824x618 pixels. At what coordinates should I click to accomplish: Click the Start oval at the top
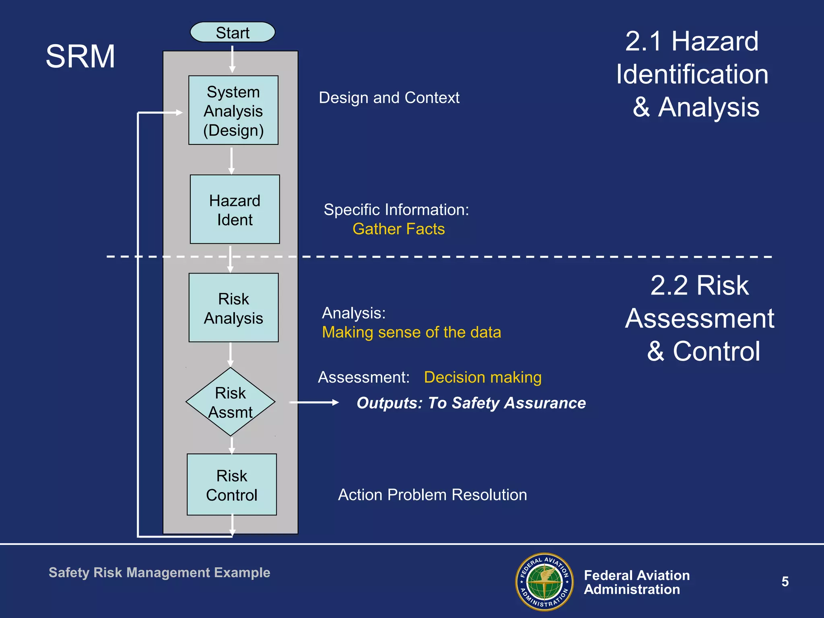pyautogui.click(x=233, y=32)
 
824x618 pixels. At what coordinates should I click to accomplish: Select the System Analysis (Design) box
pyautogui.click(x=233, y=110)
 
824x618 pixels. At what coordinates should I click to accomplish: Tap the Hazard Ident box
pyautogui.click(x=235, y=209)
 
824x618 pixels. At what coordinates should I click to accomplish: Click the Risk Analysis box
pyautogui.click(x=233, y=308)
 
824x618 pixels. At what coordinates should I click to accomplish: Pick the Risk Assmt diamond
pyautogui.click(x=230, y=402)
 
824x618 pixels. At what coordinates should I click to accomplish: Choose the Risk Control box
pyautogui.click(x=232, y=485)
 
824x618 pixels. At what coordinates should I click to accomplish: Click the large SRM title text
pyautogui.click(x=80, y=56)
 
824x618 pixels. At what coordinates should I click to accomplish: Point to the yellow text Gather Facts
pyautogui.click(x=398, y=229)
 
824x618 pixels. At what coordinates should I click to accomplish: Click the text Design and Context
pyautogui.click(x=389, y=98)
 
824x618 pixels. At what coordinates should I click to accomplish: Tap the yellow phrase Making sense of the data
pyautogui.click(x=411, y=332)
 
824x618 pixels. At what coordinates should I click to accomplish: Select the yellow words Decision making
pyautogui.click(x=482, y=377)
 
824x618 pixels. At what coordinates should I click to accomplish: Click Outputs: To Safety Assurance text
pyautogui.click(x=471, y=403)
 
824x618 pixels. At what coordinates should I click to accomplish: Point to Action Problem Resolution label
pyautogui.click(x=432, y=495)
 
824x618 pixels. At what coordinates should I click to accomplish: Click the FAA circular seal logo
pyautogui.click(x=544, y=582)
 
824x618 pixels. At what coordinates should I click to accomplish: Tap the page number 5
pyautogui.click(x=785, y=582)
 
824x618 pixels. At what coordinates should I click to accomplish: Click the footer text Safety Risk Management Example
pyautogui.click(x=159, y=573)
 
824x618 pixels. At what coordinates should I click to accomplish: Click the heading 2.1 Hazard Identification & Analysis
pyautogui.click(x=692, y=74)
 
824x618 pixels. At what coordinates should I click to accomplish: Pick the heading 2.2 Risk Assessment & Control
pyautogui.click(x=699, y=318)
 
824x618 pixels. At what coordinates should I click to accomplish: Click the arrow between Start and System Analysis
pyautogui.click(x=232, y=59)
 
